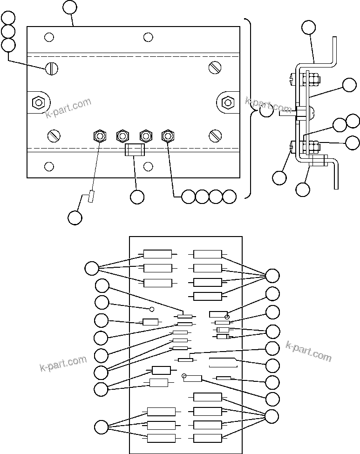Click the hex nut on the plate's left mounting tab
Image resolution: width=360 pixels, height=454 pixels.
click(x=38, y=101)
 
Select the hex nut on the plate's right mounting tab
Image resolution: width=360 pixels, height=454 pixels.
click(x=227, y=101)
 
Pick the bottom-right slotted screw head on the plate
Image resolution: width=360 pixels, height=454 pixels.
click(x=215, y=136)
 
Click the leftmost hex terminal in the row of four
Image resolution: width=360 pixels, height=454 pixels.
click(x=99, y=136)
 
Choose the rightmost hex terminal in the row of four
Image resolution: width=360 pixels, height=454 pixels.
click(x=168, y=136)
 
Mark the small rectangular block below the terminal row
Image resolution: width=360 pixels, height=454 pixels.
click(x=135, y=150)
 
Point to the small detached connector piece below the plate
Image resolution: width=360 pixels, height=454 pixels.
click(x=91, y=197)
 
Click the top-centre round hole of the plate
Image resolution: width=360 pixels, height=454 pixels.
click(x=148, y=37)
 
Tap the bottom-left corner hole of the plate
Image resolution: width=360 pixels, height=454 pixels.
click(x=49, y=166)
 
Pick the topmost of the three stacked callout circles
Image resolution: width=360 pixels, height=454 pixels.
click(x=8, y=18)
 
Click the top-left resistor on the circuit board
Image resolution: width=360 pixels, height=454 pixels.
click(x=157, y=254)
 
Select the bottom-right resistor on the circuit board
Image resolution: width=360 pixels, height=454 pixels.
click(x=207, y=438)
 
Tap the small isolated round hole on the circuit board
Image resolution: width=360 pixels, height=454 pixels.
click(x=151, y=309)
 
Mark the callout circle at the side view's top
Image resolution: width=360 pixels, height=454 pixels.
click(x=308, y=27)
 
